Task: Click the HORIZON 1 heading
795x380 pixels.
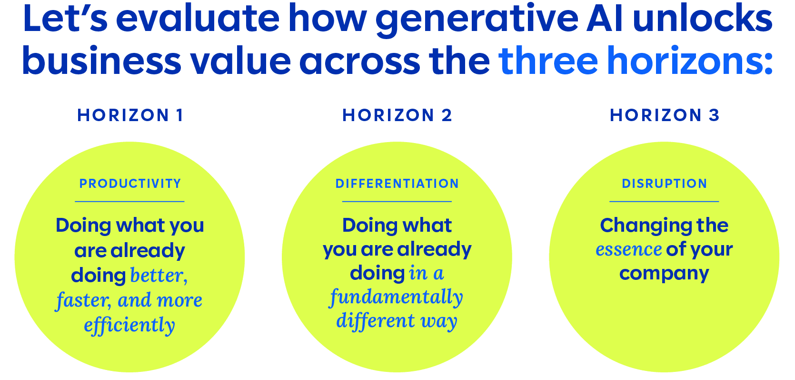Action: pos(130,115)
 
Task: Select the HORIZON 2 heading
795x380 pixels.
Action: pos(397,115)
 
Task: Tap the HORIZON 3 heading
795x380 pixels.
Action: pos(665,115)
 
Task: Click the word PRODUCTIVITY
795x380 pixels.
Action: pos(130,184)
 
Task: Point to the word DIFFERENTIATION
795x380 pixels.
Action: pos(397,184)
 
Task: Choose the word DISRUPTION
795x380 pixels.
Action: pos(665,184)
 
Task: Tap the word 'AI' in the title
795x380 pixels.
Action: pos(605,18)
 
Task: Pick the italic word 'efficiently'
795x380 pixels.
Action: pos(129,325)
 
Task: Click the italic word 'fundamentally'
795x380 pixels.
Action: pos(397,297)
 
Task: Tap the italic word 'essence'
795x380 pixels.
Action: pos(628,249)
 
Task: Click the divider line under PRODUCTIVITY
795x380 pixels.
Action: pos(129,202)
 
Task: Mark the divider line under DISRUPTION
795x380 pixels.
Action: pos(664,202)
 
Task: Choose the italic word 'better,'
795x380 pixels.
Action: pos(159,276)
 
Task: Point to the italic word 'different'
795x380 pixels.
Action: pos(375,320)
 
